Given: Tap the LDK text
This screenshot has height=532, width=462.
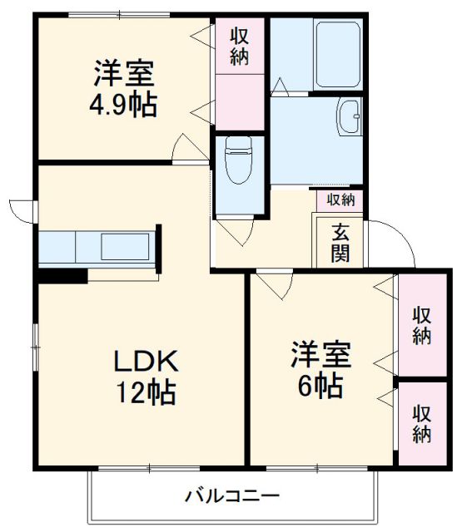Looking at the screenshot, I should pos(146,362).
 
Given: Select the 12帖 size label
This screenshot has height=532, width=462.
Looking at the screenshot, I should pos(146,392).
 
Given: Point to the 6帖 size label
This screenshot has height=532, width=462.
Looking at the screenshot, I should pos(320,385).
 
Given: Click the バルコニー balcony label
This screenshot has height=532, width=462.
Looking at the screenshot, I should pos(232,497).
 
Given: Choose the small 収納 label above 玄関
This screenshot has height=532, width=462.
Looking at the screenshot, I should pos(340,199).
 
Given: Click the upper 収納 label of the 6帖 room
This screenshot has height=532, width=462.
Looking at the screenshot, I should pos(422,324).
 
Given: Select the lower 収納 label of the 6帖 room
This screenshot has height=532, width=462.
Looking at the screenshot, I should pos(422,423).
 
